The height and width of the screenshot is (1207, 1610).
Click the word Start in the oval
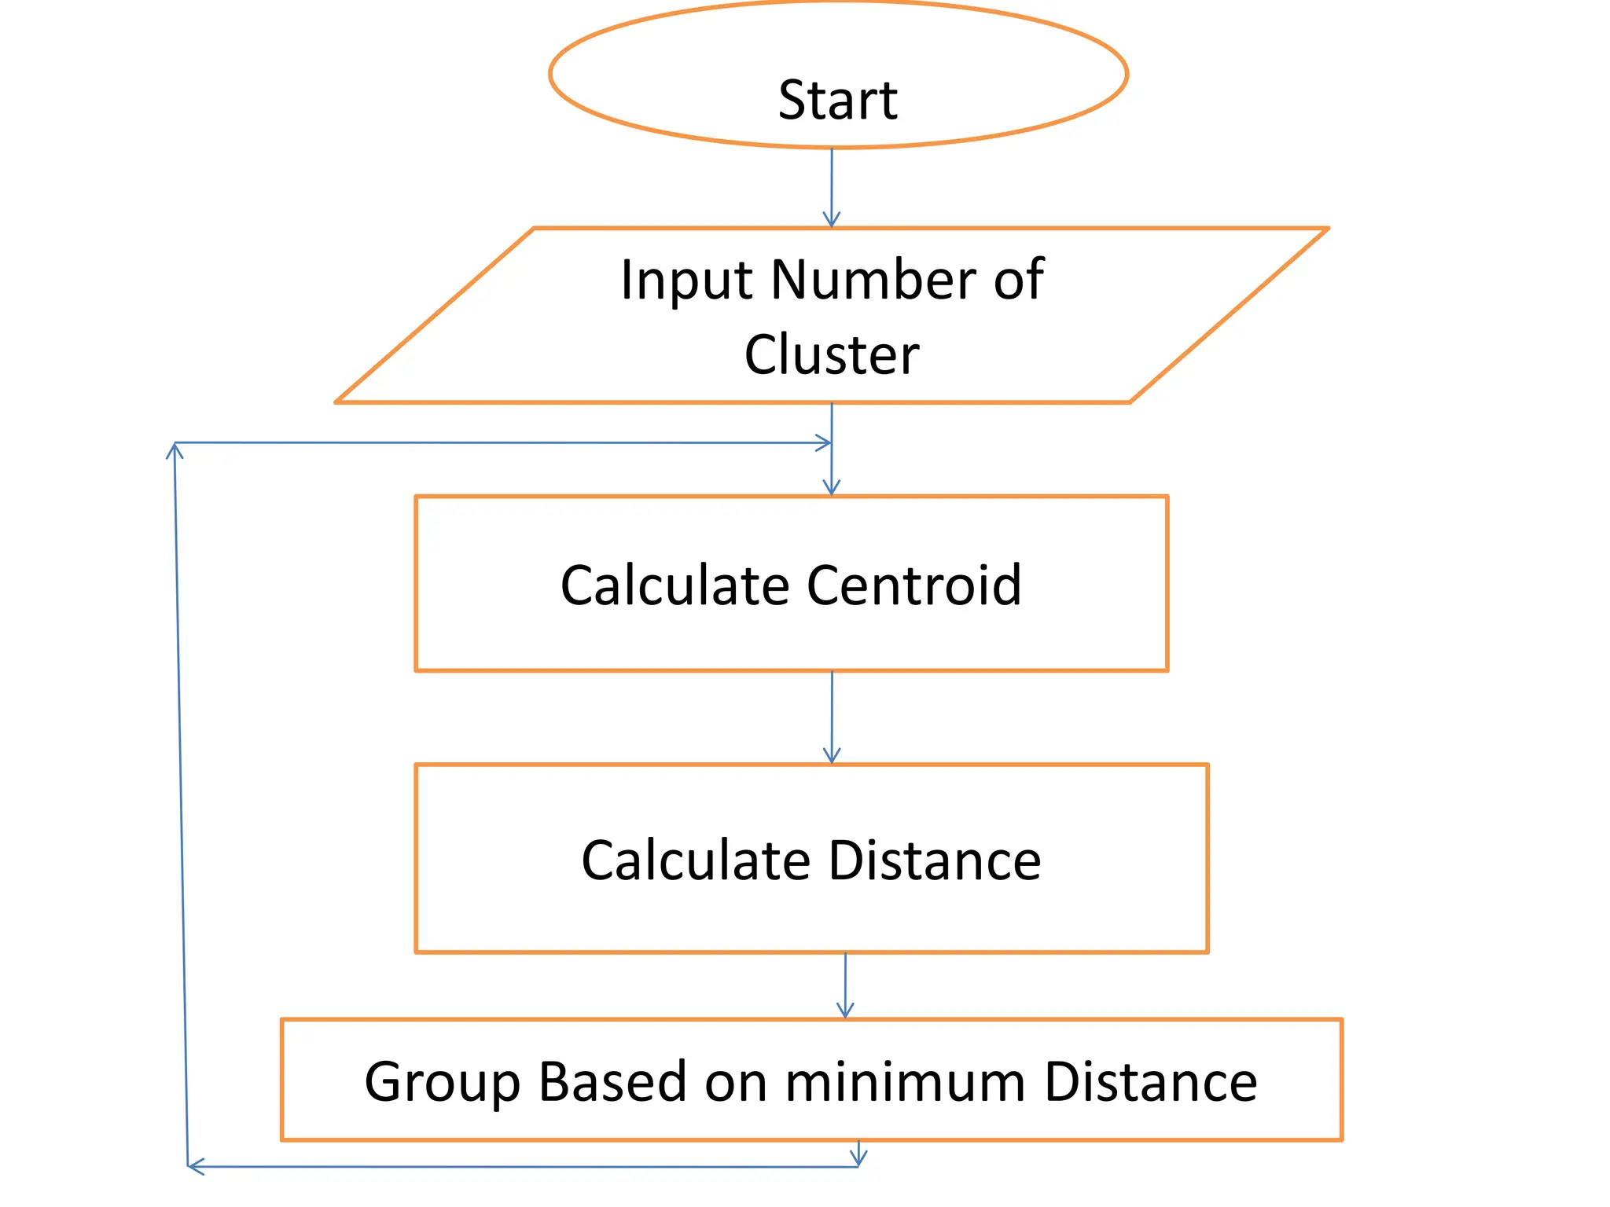pos(837,101)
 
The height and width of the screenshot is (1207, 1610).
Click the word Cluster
pos(831,355)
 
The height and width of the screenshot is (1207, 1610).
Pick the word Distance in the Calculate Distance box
pos(935,860)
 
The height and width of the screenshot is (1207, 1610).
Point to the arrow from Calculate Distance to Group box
pos(845,985)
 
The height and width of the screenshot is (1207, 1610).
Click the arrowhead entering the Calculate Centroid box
pos(832,487)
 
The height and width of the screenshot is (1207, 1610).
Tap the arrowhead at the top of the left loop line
pos(175,449)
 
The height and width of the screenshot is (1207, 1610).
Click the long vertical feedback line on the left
pos(181,802)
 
